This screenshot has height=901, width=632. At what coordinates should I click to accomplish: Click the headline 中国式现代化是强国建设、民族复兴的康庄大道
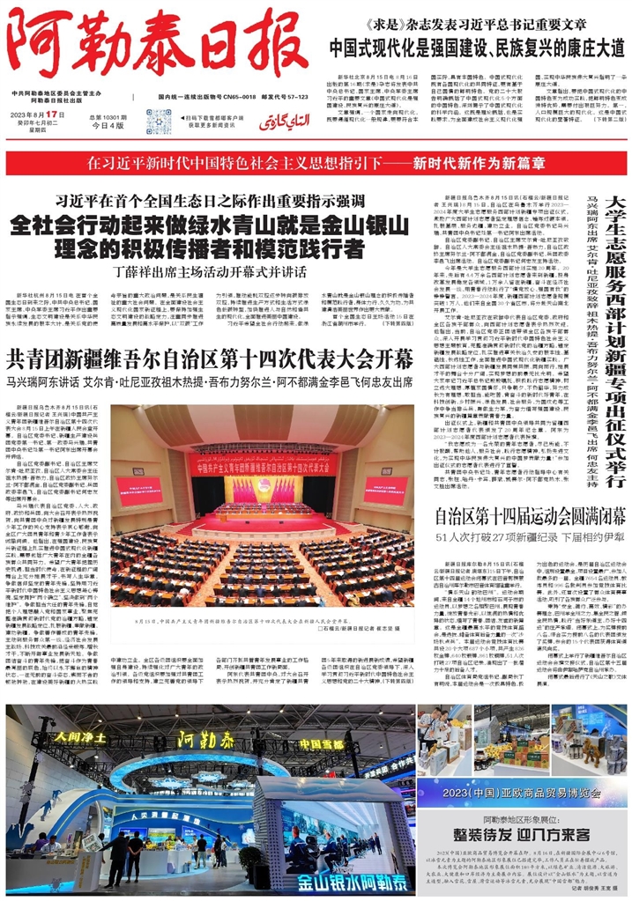(x=477, y=47)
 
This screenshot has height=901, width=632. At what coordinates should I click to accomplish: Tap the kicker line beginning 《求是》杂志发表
(x=475, y=24)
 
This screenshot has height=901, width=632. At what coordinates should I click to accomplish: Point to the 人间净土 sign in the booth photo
(x=84, y=735)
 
